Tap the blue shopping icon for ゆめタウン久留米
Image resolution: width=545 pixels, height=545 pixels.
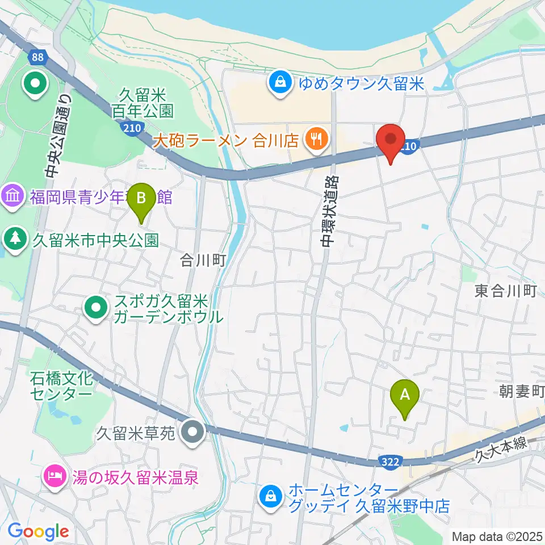click(x=280, y=84)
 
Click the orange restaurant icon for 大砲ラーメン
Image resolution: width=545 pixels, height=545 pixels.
click(x=313, y=139)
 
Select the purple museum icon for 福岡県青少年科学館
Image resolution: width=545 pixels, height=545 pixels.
click(x=12, y=197)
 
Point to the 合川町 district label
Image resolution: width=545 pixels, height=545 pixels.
click(x=203, y=261)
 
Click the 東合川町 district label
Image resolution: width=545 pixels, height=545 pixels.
click(x=505, y=292)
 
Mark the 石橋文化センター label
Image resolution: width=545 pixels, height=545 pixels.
click(x=61, y=385)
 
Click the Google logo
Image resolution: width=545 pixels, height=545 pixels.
click(x=38, y=531)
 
